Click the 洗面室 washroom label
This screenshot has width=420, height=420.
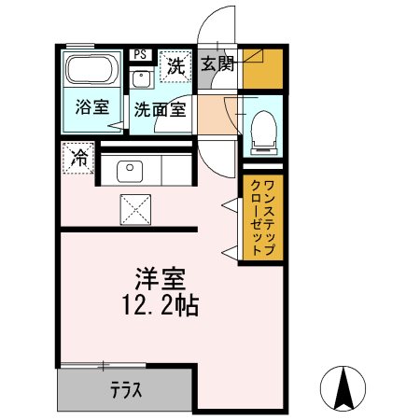pos(158,107)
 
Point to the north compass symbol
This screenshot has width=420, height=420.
pos(344,385)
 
